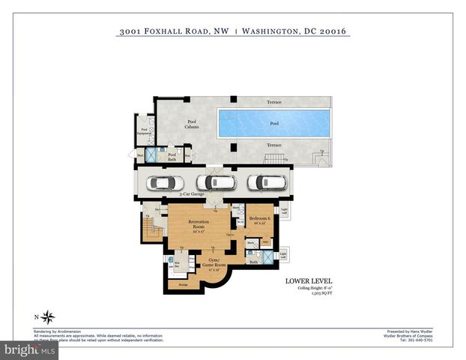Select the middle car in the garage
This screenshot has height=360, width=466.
click(x=216, y=183)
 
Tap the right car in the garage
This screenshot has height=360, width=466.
click(x=267, y=183)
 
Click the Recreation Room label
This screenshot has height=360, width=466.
click(x=199, y=225)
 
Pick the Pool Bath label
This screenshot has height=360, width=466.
click(x=172, y=157)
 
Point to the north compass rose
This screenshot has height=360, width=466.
click(x=48, y=316)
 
